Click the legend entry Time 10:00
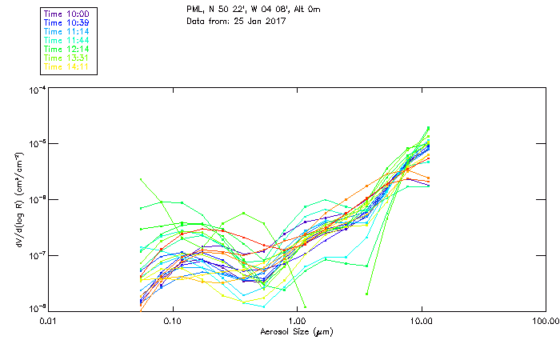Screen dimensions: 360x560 pyautogui.click(x=67, y=14)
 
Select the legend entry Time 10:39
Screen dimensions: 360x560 pyautogui.click(x=67, y=22)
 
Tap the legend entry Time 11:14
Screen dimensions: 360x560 pyautogui.click(x=67, y=31)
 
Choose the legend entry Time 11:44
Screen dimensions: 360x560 pyautogui.click(x=67, y=40)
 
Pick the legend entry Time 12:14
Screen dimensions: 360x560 pyautogui.click(x=67, y=49)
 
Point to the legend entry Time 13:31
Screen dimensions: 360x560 pyautogui.click(x=67, y=58)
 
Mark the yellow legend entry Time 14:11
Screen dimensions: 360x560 pyautogui.click(x=67, y=66)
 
